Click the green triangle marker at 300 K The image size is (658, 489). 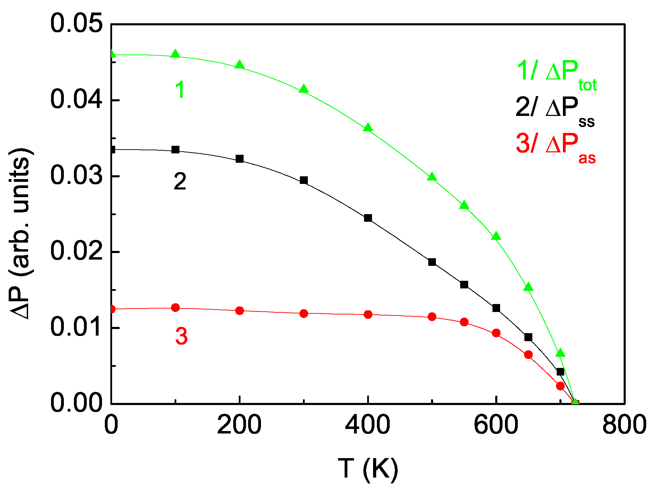tap(304, 89)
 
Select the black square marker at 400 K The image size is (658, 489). tap(368, 218)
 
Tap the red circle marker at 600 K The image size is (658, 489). tap(496, 333)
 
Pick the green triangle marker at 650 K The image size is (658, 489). tap(528, 287)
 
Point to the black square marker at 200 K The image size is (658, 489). tap(239, 159)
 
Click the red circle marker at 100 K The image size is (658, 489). tap(176, 307)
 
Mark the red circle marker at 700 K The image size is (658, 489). tap(560, 386)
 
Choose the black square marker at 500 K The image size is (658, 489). tap(432, 262)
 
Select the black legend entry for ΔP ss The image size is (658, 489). tap(555, 110)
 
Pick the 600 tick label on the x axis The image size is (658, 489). tap(496, 424)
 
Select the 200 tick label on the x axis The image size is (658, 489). tap(239, 424)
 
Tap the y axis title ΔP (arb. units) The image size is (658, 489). tap(22, 233)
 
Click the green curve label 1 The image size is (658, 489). tap(180, 89)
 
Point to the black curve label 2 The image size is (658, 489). tap(180, 181)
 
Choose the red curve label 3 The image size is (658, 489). tap(181, 336)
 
